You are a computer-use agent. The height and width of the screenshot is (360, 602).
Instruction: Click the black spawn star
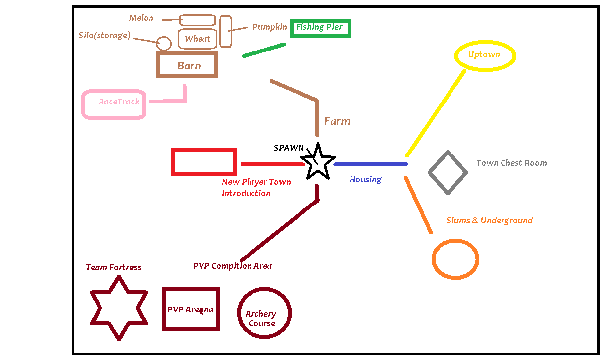(317, 162)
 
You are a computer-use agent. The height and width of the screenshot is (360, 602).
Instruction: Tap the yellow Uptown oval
(485, 55)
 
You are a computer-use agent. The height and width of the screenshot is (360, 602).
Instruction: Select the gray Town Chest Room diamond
(448, 172)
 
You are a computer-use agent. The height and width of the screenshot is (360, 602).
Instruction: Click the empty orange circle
(455, 259)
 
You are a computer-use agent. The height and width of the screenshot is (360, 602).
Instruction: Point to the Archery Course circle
(264, 313)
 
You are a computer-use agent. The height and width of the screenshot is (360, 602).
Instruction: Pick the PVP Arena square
(191, 309)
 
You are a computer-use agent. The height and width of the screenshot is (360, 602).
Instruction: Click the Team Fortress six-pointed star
(119, 308)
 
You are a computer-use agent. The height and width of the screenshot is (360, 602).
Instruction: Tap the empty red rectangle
(203, 162)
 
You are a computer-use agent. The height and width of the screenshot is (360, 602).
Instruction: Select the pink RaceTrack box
(114, 104)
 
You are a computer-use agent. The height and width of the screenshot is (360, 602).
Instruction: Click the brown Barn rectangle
(187, 65)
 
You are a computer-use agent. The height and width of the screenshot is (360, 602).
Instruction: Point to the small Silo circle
(164, 44)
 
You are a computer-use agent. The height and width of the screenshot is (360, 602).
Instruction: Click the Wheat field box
(198, 39)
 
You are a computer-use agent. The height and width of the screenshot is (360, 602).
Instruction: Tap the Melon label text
(142, 18)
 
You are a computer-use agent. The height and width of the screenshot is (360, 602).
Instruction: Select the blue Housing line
(370, 164)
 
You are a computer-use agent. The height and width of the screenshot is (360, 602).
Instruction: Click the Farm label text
(337, 121)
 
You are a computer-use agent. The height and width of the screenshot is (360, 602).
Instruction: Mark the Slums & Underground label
(489, 220)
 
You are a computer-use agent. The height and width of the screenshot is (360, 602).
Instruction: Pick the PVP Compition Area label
(232, 266)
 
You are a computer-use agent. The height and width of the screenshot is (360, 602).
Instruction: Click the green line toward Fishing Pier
(264, 50)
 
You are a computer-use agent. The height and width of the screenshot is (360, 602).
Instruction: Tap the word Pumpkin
(269, 27)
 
